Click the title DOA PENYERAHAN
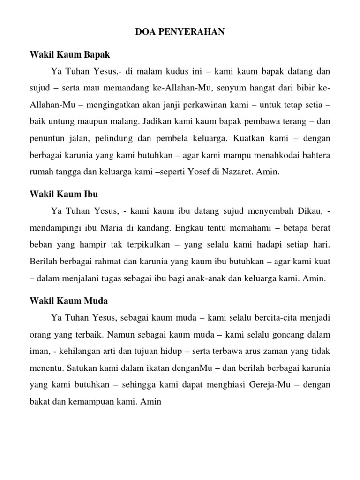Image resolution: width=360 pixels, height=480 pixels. coord(180,32)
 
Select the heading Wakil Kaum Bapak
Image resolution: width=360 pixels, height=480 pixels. coord(69,55)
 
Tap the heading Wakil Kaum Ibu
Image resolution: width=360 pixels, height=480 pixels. coord(64,194)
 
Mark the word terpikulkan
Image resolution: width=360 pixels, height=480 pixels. coord(150,244)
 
